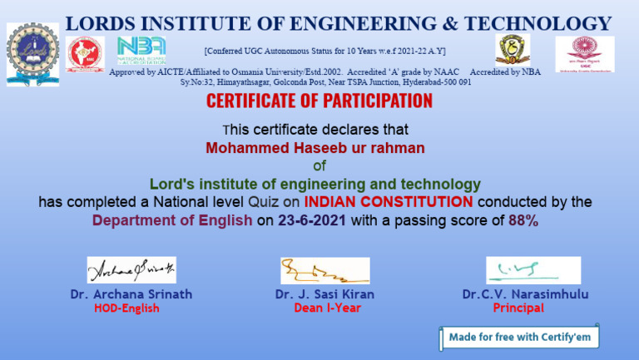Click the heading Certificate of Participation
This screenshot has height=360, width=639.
pos(319,101)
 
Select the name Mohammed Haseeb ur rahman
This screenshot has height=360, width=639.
pos(315,148)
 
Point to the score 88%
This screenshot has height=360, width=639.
pos(523,220)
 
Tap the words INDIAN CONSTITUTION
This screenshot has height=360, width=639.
pos(389,201)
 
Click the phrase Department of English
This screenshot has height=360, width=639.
pos(172,220)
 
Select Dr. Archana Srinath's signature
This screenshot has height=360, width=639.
pos(131,269)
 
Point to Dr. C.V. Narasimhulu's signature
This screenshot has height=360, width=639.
pos(532,270)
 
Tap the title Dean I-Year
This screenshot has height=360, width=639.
pos(325,308)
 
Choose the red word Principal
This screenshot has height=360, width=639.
pos(518,308)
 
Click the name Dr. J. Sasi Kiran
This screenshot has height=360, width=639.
pos(324,293)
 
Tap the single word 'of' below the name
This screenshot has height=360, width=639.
pos(319,165)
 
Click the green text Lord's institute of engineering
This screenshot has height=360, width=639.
pos(315,183)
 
